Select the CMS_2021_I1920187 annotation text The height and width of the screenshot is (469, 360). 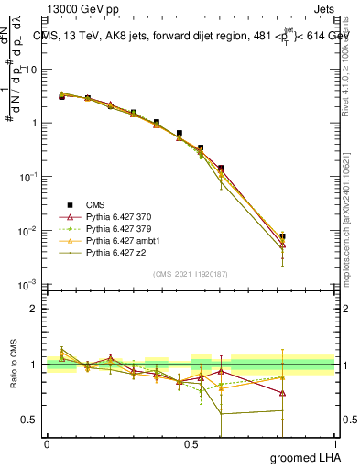click(x=190, y=274)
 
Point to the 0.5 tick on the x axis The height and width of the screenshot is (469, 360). click(x=191, y=444)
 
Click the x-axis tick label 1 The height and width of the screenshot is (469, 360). click(x=334, y=444)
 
